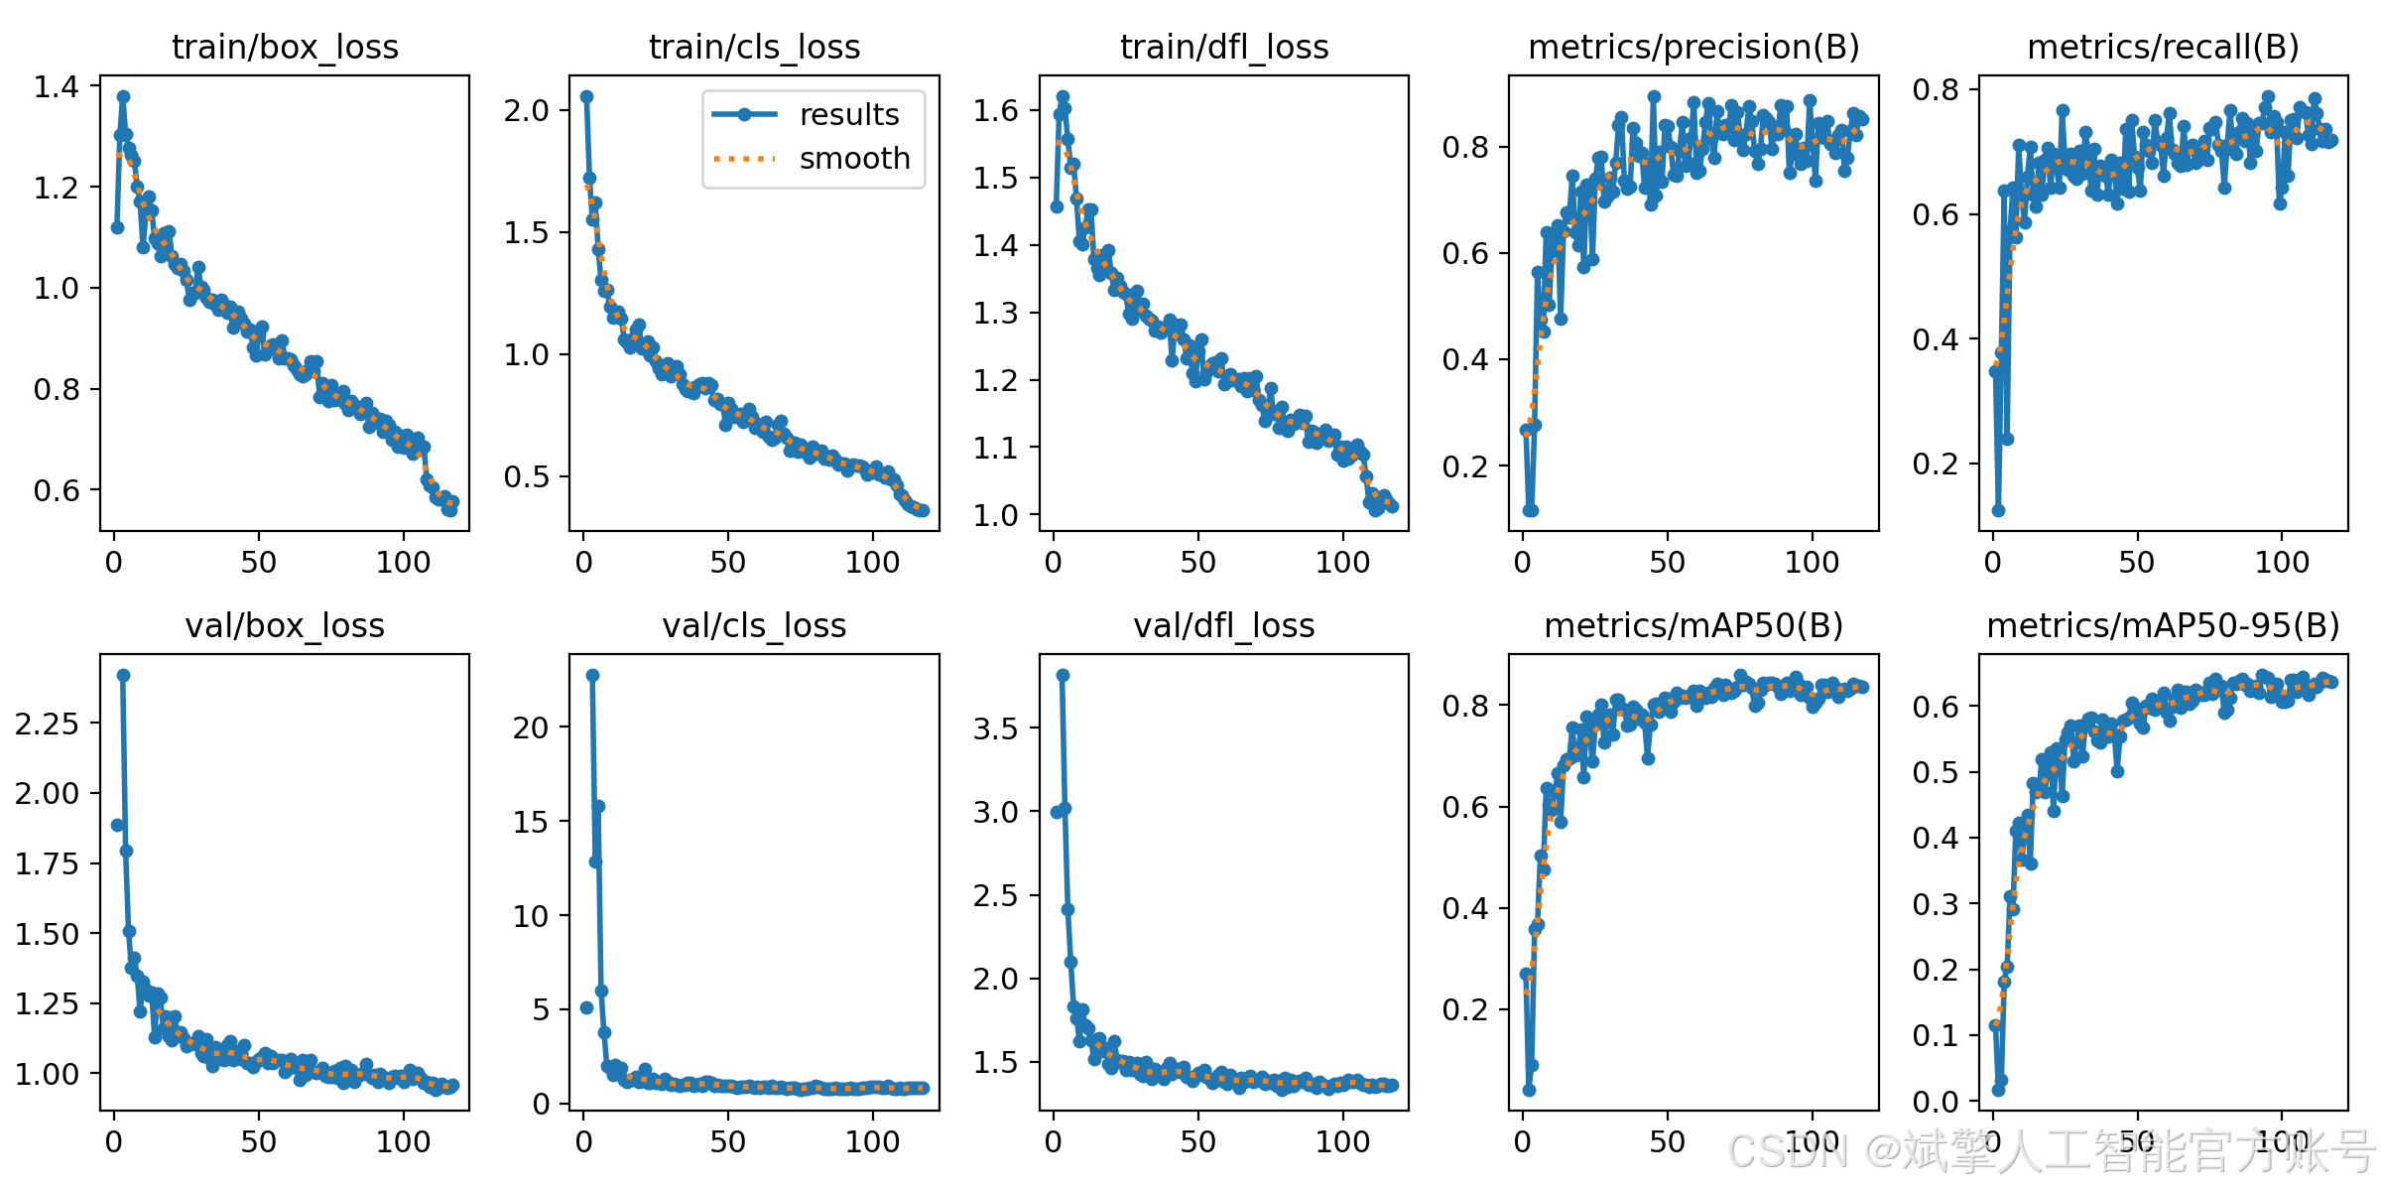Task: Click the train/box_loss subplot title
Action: (x=285, y=47)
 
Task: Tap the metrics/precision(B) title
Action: (x=1693, y=47)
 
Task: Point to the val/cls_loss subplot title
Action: (x=754, y=625)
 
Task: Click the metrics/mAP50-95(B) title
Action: (x=2163, y=625)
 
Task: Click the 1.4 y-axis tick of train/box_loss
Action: (x=57, y=86)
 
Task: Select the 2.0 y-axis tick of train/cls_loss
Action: (x=526, y=110)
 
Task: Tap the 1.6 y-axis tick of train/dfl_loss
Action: (x=996, y=110)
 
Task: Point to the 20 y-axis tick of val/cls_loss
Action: (x=531, y=728)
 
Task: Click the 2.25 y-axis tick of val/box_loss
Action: (x=47, y=724)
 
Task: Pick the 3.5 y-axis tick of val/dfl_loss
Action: (x=996, y=728)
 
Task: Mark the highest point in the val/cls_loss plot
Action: (x=592, y=675)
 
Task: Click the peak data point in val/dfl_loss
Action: (x=1063, y=675)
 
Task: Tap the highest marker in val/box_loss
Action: (x=123, y=675)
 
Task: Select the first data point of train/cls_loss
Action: (x=586, y=96)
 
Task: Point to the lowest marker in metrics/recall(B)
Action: (x=1998, y=510)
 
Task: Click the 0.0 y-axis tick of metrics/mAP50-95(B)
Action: (x=1936, y=1102)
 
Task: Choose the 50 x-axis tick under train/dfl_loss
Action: (x=1197, y=562)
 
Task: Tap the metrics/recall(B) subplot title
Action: (x=2163, y=47)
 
